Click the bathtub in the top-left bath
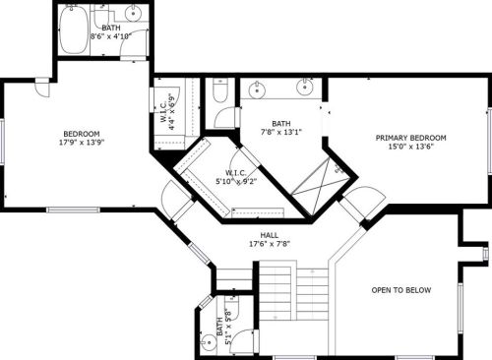(73, 30)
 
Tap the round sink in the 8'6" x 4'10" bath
(133, 15)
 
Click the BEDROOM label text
(81, 133)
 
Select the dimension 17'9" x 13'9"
(81, 143)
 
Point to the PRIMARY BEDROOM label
(411, 138)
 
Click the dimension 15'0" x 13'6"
(411, 148)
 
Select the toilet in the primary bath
(221, 94)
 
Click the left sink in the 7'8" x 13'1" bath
(258, 88)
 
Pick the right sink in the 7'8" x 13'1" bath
(303, 88)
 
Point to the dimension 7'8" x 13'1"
(281, 132)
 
